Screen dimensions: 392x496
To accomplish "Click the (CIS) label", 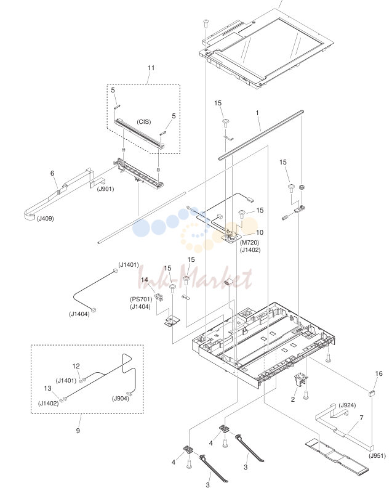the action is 144,122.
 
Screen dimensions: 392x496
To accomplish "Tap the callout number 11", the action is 151,68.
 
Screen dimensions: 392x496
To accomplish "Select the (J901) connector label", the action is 105,189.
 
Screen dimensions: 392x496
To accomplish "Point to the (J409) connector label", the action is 45,219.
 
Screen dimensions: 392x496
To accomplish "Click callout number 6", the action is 52,173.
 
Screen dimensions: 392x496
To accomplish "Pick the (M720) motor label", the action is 250,243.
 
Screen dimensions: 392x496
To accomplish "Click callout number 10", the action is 259,232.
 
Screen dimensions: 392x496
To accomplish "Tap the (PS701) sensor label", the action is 141,299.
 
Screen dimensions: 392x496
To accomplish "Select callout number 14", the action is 145,280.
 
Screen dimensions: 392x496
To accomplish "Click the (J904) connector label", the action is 121,398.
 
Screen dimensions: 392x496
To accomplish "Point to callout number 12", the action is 76,366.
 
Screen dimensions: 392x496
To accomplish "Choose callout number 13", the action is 47,388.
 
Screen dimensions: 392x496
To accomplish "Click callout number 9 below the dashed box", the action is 78,431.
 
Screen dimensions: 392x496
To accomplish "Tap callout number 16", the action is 378,373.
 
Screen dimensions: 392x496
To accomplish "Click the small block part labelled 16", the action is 372,393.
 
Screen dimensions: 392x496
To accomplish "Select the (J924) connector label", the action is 347,405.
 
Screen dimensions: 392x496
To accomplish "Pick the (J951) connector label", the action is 377,456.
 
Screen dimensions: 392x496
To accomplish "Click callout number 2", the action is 293,399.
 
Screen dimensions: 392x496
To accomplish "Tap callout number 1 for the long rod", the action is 257,113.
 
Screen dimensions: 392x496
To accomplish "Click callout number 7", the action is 361,418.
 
